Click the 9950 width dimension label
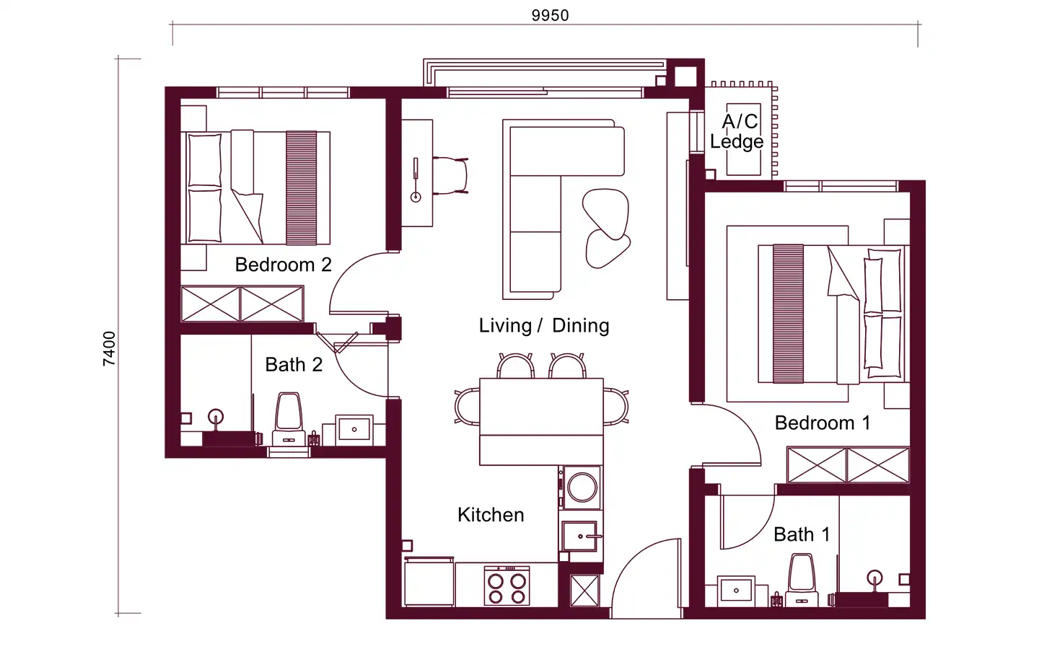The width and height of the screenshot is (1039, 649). (x=550, y=15)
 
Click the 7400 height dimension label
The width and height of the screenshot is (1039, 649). (x=109, y=348)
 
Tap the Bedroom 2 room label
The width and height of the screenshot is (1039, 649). (x=284, y=265)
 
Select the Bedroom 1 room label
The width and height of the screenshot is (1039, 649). (x=823, y=423)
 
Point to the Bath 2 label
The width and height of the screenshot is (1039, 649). (x=294, y=364)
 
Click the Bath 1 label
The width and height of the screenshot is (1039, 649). (x=802, y=534)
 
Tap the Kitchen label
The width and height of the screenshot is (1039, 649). (x=491, y=515)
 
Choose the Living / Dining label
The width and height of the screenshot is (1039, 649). (x=544, y=325)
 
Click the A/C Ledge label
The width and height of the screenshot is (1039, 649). (x=737, y=132)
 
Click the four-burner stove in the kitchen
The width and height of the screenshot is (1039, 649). (x=507, y=586)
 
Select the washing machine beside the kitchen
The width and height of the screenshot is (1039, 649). (x=582, y=487)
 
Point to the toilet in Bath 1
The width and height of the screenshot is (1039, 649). (x=802, y=580)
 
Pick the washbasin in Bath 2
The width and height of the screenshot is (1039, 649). (x=354, y=430)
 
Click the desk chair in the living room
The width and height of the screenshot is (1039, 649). (x=450, y=176)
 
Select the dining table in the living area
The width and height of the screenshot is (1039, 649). (x=541, y=421)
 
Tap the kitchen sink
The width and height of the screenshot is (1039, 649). (x=580, y=536)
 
